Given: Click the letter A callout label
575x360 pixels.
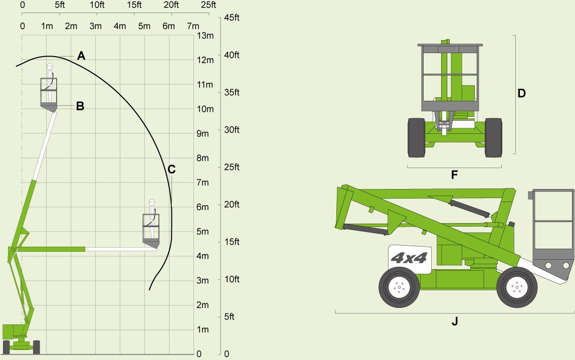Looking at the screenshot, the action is click(81, 56).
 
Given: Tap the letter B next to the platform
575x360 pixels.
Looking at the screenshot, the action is click(80, 106).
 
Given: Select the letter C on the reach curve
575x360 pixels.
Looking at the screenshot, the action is click(171, 169).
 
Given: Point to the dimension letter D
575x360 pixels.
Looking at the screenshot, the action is click(521, 93).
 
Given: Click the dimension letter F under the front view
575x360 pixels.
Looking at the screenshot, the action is click(454, 175).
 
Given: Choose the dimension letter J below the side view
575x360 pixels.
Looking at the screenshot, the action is click(455, 321).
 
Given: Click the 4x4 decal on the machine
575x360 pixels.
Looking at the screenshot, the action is click(409, 258).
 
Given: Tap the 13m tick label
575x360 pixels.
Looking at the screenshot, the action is click(206, 36).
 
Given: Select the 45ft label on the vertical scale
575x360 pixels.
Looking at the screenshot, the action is click(232, 18).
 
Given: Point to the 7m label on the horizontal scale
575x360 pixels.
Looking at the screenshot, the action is click(194, 26).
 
